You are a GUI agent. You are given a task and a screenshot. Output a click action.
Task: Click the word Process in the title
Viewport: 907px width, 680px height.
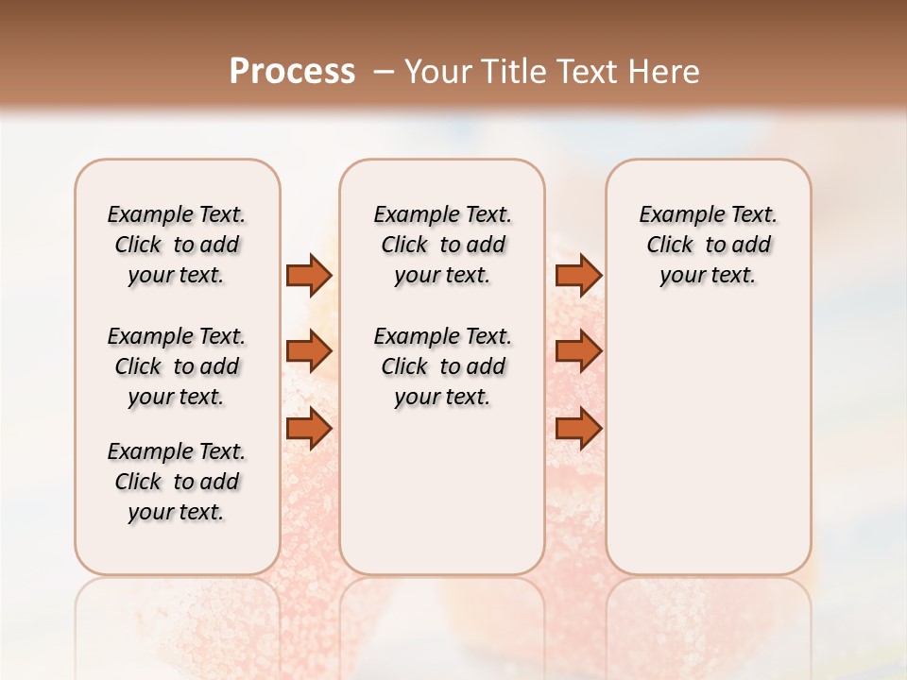pos(292,72)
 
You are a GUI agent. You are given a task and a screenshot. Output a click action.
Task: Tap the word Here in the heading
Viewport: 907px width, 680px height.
pos(664,72)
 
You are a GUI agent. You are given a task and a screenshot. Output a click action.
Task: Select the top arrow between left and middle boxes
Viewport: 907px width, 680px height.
pos(309,275)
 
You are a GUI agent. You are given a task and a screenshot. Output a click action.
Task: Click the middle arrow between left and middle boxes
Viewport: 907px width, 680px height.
pos(309,351)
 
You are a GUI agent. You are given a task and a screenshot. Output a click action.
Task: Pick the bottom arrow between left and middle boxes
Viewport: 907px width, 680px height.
pos(309,429)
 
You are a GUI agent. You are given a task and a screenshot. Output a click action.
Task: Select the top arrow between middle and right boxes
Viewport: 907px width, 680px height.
pos(578,275)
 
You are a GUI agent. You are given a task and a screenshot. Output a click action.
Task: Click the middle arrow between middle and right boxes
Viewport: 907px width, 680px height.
pos(578,351)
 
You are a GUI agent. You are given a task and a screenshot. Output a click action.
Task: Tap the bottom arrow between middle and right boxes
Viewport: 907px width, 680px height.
pos(578,429)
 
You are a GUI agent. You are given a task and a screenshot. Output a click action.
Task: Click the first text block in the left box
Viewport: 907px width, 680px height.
pos(177,245)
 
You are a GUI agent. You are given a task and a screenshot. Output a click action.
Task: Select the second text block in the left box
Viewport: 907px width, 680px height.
pos(177,366)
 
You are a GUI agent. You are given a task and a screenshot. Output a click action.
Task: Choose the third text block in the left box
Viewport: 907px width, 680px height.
pos(177,482)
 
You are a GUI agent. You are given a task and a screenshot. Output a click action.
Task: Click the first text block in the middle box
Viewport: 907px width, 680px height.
pos(442,245)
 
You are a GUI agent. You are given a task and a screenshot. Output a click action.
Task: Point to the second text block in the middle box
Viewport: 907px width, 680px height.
pos(442,366)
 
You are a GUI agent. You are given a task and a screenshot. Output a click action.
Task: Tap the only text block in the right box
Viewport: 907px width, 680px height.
pos(708,245)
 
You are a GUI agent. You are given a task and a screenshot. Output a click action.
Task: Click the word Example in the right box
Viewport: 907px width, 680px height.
pos(674,215)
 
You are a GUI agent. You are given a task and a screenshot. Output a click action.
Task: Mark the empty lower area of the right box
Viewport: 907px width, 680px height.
pos(708,434)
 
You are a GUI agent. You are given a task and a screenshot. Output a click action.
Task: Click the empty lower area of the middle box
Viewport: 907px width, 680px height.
pos(442,491)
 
